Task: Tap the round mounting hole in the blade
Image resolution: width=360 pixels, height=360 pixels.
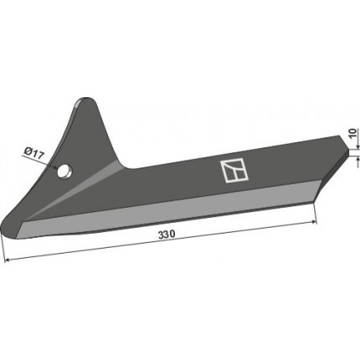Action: tap(64, 171)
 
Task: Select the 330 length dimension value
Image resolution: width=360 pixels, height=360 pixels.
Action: tap(167, 234)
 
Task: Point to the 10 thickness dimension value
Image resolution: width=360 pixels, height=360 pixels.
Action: tap(352, 133)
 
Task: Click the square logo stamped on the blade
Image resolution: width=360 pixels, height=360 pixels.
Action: tap(234, 171)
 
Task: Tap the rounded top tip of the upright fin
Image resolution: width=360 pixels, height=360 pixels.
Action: tap(86, 100)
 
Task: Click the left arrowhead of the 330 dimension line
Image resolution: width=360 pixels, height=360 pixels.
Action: tap(8, 260)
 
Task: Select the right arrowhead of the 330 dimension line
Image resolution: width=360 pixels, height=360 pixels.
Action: tap(315, 222)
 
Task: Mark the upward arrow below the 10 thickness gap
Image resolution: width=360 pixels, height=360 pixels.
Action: tap(357, 162)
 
